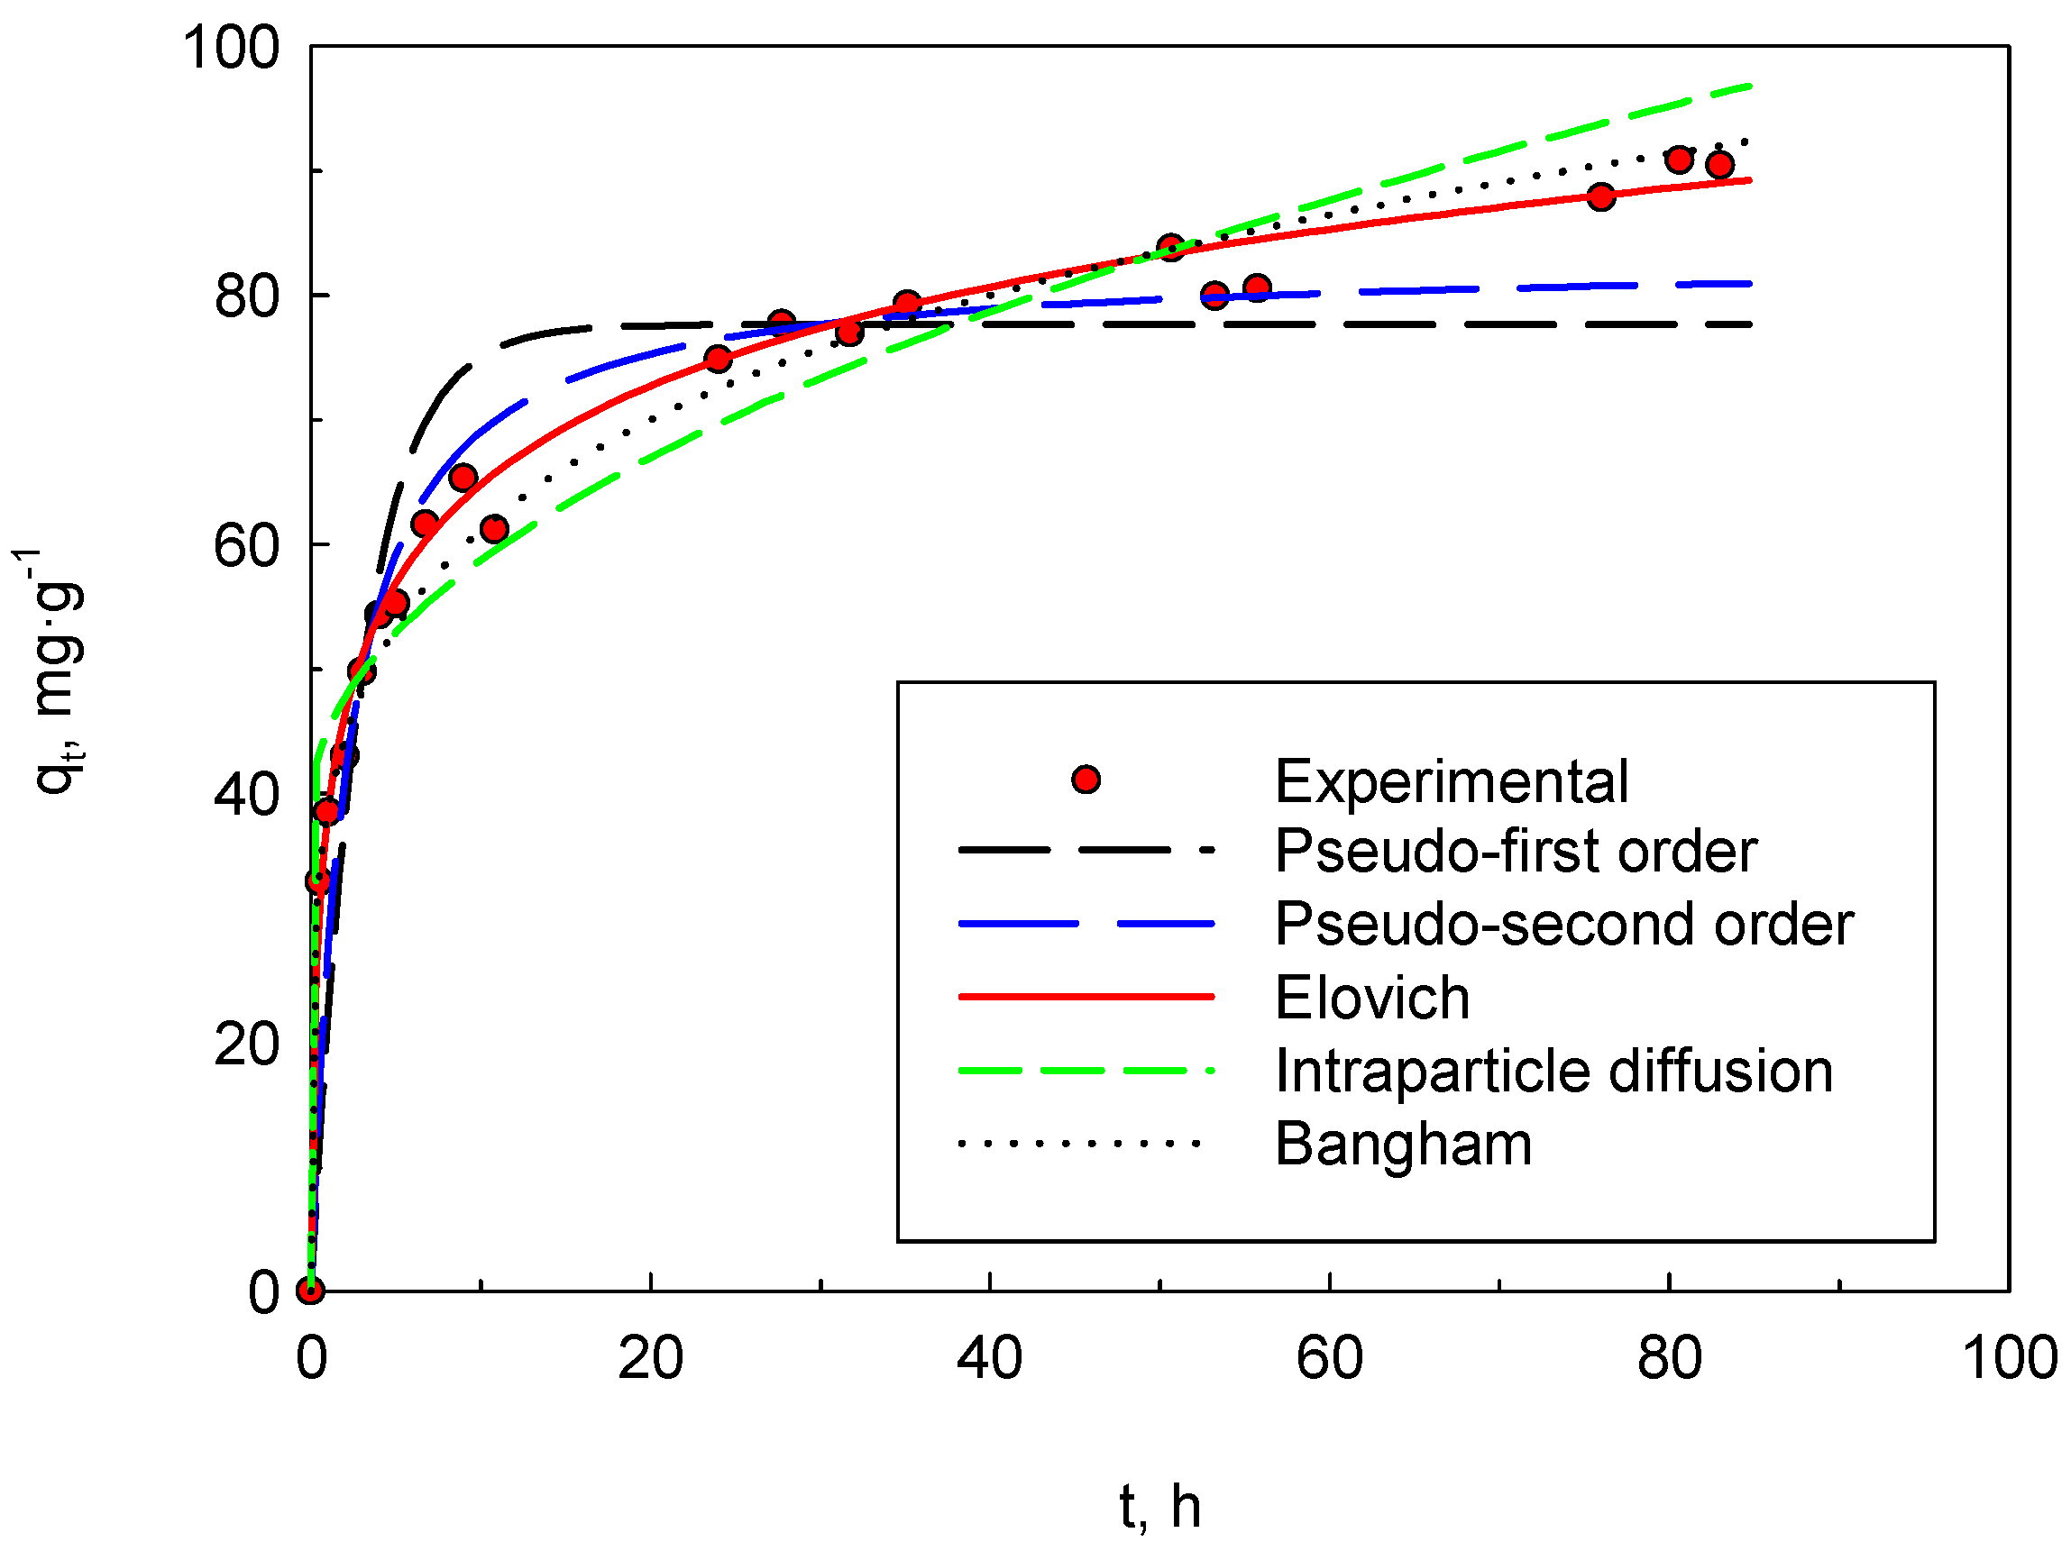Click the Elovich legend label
[1371, 998]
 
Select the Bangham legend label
[1403, 1144]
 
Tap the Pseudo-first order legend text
[1515, 851]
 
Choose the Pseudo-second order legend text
[1563, 924]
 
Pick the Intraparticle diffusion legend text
[1553, 1071]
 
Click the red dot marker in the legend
[1086, 780]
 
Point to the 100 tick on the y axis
[230, 47]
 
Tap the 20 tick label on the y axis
[246, 1044]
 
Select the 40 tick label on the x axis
[989, 1358]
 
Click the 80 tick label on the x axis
[1670, 1358]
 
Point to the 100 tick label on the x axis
[2008, 1358]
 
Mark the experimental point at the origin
[311, 1291]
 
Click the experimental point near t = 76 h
[1601, 196]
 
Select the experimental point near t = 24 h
[718, 359]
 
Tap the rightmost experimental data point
[1719, 165]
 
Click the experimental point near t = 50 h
[1170, 248]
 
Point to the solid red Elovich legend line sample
[1086, 998]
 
